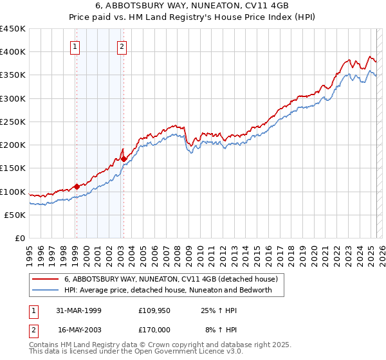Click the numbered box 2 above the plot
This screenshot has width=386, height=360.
click(x=122, y=46)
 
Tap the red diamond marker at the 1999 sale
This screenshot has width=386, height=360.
click(x=77, y=186)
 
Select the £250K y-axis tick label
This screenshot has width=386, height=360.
click(x=13, y=122)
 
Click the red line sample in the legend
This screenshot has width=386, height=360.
click(x=45, y=279)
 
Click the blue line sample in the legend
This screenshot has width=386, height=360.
click(x=45, y=290)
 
